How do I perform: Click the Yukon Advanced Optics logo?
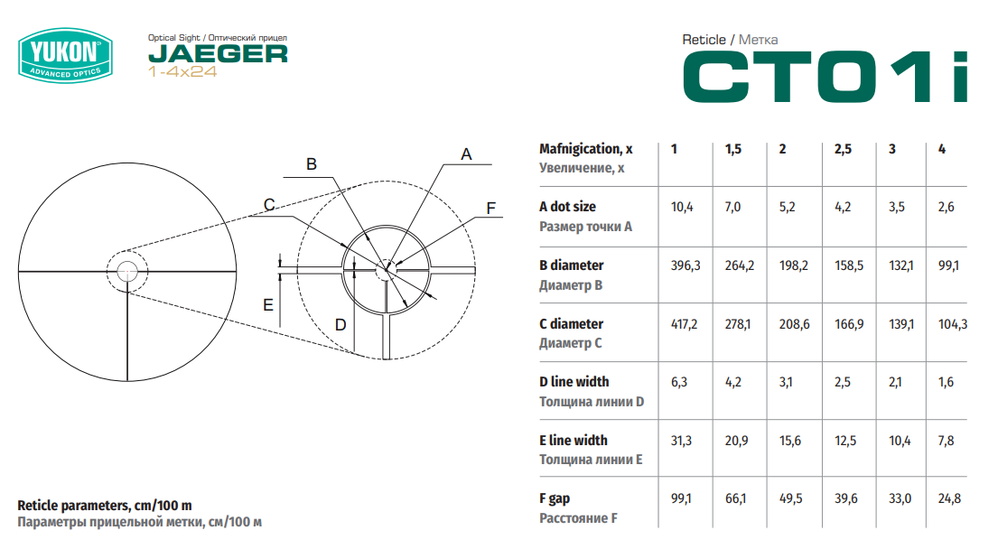(x=66, y=55)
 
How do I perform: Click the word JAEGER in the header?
(x=218, y=54)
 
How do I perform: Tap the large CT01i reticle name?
(x=825, y=77)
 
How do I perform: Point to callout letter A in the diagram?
(x=467, y=154)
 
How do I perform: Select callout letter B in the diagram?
(x=312, y=164)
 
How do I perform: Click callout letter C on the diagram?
(x=269, y=205)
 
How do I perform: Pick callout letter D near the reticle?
(x=340, y=325)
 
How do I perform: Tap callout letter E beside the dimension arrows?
(x=268, y=304)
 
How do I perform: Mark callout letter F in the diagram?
(x=490, y=208)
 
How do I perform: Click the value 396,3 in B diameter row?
(x=686, y=265)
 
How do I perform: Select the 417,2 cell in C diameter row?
(x=685, y=324)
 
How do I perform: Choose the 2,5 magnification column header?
(x=843, y=149)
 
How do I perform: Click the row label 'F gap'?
(x=555, y=498)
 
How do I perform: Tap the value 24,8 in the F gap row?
(x=949, y=498)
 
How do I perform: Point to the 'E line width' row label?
(x=574, y=441)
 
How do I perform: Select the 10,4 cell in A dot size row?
(x=682, y=207)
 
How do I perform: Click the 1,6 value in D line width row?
(x=946, y=382)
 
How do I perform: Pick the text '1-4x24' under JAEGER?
(x=182, y=71)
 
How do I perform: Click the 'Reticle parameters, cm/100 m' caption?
(x=105, y=506)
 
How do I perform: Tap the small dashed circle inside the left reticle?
(x=127, y=251)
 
